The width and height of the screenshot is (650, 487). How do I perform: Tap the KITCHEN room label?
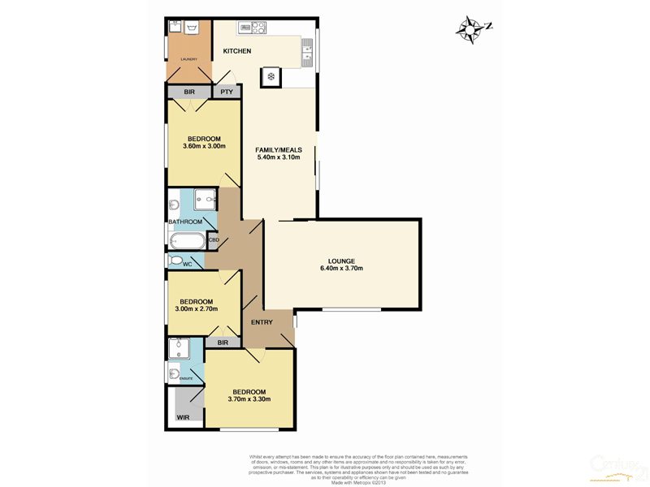pyautogui.click(x=237, y=51)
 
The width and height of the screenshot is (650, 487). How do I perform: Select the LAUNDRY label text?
pyautogui.click(x=188, y=59)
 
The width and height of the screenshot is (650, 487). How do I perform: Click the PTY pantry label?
pyautogui.click(x=227, y=92)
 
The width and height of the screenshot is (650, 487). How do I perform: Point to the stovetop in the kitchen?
pyautogui.click(x=253, y=28)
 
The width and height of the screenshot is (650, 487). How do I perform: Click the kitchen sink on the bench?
pyautogui.click(x=307, y=53)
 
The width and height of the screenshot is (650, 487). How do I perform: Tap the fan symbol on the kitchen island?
pyautogui.click(x=271, y=77)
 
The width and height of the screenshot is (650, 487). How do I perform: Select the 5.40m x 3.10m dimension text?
pyautogui.click(x=278, y=157)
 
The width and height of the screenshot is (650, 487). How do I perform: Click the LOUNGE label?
pyautogui.click(x=341, y=261)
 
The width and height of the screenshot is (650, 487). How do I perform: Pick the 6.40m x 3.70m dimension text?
pyautogui.click(x=341, y=269)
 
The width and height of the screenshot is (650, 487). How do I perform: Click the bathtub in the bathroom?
pyautogui.click(x=188, y=241)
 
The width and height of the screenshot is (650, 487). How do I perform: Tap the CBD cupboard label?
pyautogui.click(x=214, y=240)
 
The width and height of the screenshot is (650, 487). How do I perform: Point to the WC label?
pyautogui.click(x=187, y=265)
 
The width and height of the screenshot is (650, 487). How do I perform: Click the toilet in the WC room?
pyautogui.click(x=175, y=261)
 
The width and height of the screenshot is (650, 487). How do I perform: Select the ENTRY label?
pyautogui.click(x=262, y=322)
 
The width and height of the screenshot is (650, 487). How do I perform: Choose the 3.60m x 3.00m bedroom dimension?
pyautogui.click(x=204, y=147)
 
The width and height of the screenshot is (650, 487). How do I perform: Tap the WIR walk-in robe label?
pyautogui.click(x=184, y=418)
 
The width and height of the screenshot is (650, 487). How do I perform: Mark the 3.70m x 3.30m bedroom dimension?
pyautogui.click(x=249, y=399)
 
